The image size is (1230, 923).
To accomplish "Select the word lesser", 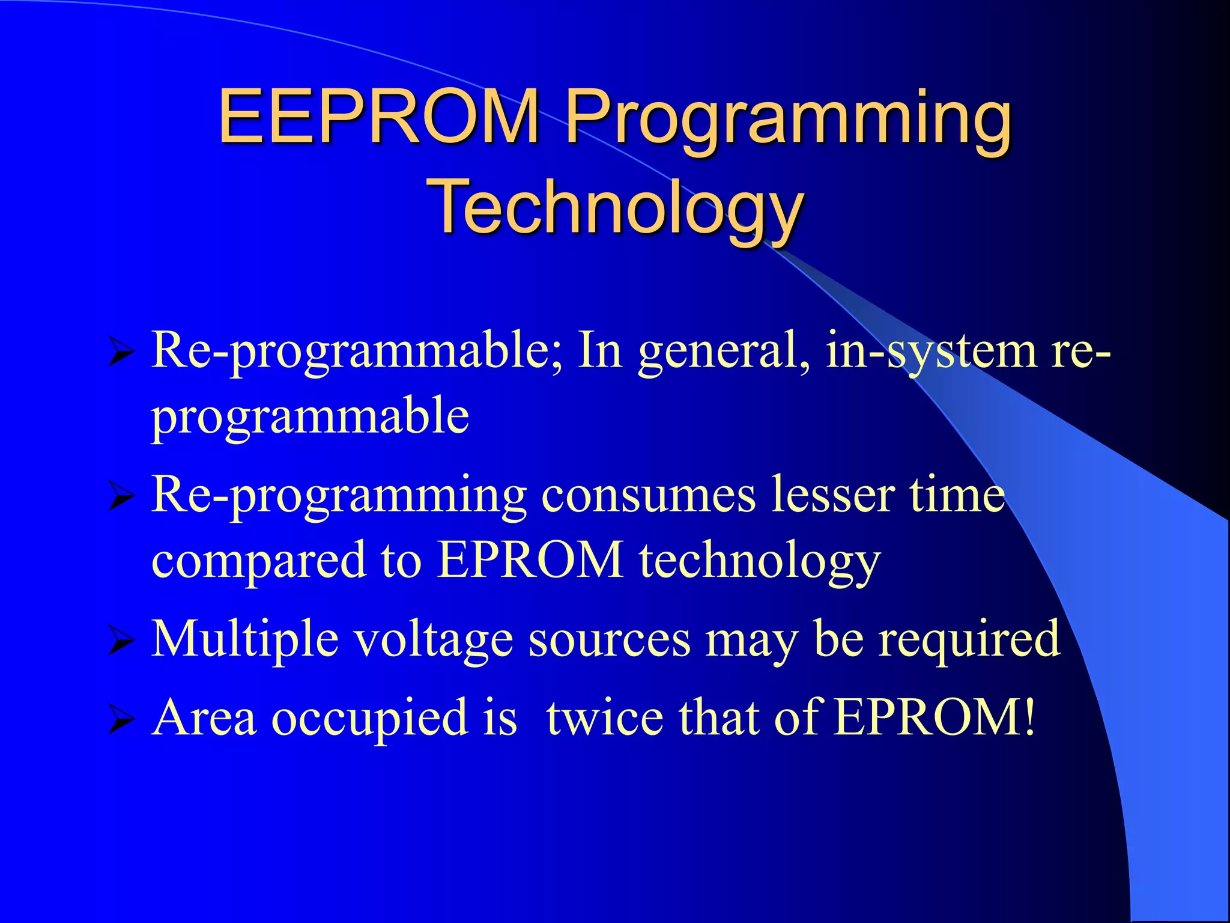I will pyautogui.click(x=834, y=496).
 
